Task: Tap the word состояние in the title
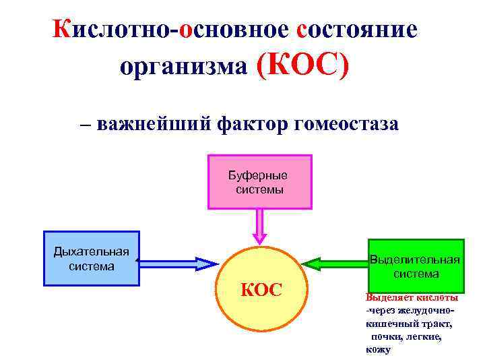tap(357, 29)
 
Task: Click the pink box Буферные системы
tap(260, 182)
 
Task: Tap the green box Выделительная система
tap(416, 266)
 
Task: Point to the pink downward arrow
tap(259, 226)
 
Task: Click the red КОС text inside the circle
tap(261, 291)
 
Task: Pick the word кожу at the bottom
tap(378, 348)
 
